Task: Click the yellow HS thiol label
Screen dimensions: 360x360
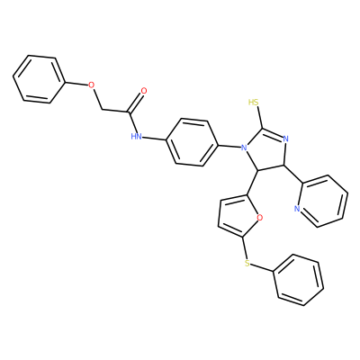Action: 254,103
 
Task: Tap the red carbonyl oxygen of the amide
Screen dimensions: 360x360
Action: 144,91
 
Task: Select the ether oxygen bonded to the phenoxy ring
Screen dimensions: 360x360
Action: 92,85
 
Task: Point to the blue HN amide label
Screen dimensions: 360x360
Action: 136,137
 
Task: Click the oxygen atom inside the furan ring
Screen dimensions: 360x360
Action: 260,217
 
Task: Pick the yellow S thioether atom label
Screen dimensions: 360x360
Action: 247,264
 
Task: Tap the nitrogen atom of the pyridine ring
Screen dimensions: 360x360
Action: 297,209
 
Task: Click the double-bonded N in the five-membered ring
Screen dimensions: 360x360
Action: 285,139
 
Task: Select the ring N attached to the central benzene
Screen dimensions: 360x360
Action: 244,148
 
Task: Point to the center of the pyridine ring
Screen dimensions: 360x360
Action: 323,201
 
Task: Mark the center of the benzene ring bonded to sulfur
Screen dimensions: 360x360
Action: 299,280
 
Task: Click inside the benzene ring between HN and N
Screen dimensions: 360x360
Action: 192,142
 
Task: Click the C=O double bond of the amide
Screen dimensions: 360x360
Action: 137,102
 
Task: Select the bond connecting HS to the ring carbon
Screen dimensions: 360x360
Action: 259,118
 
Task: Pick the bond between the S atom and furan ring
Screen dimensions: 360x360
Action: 245,248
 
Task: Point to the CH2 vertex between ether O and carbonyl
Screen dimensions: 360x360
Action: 103,109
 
